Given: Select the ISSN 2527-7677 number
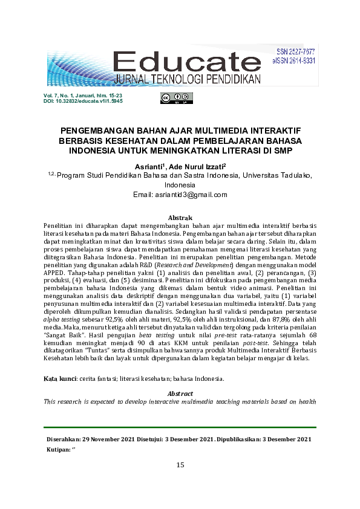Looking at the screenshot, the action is [x=296, y=53].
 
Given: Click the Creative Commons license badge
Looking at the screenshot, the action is [x=176, y=98].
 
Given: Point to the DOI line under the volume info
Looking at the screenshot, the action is [x=83, y=101].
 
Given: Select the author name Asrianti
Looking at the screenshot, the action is [x=151, y=166].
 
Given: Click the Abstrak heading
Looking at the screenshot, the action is [x=180, y=217].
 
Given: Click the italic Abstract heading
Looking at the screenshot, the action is [x=180, y=393].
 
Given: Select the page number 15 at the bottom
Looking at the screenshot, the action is [x=180, y=465].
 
